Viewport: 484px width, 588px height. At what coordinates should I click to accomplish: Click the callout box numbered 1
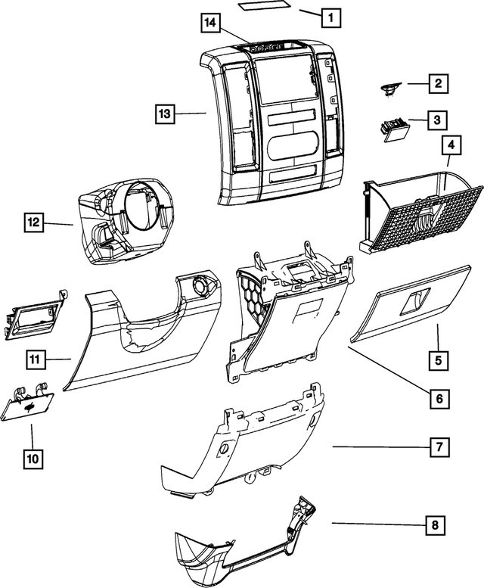click(330, 15)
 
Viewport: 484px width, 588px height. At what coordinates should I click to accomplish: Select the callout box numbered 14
click(211, 23)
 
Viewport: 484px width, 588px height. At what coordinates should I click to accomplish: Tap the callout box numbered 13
click(166, 114)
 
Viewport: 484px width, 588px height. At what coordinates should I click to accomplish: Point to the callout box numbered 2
click(436, 84)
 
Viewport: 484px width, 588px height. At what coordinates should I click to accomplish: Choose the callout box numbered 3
click(436, 120)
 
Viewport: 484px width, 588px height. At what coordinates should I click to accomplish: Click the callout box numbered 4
click(450, 144)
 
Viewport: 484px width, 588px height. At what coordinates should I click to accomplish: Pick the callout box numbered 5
click(438, 360)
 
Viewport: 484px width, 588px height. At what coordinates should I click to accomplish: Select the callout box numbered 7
click(438, 447)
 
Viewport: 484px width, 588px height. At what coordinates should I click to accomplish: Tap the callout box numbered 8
click(435, 524)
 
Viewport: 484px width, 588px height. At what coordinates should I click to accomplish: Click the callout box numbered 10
click(33, 458)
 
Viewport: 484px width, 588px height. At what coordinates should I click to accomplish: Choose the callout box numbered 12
click(33, 223)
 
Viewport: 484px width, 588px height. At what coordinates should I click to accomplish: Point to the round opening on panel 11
click(203, 287)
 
